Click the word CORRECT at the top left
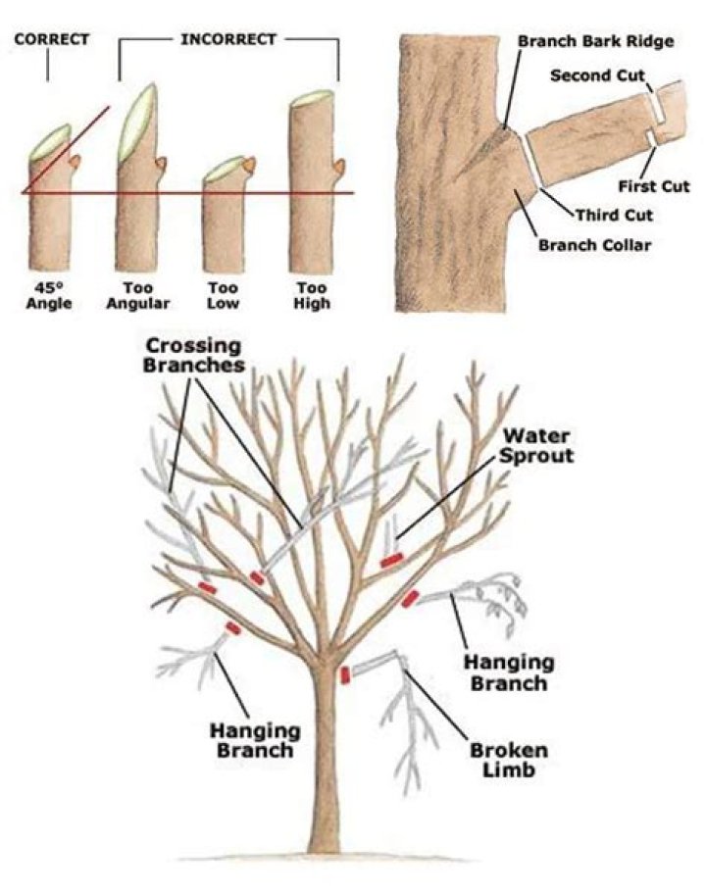tap(52, 40)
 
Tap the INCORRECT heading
tap(228, 40)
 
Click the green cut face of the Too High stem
tap(313, 98)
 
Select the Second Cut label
tap(595, 75)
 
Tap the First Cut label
tap(654, 185)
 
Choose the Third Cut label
tap(614, 215)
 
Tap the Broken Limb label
tap(509, 761)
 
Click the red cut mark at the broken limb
tap(345, 674)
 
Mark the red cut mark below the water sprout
tap(391, 561)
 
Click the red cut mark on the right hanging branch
tap(410, 598)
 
